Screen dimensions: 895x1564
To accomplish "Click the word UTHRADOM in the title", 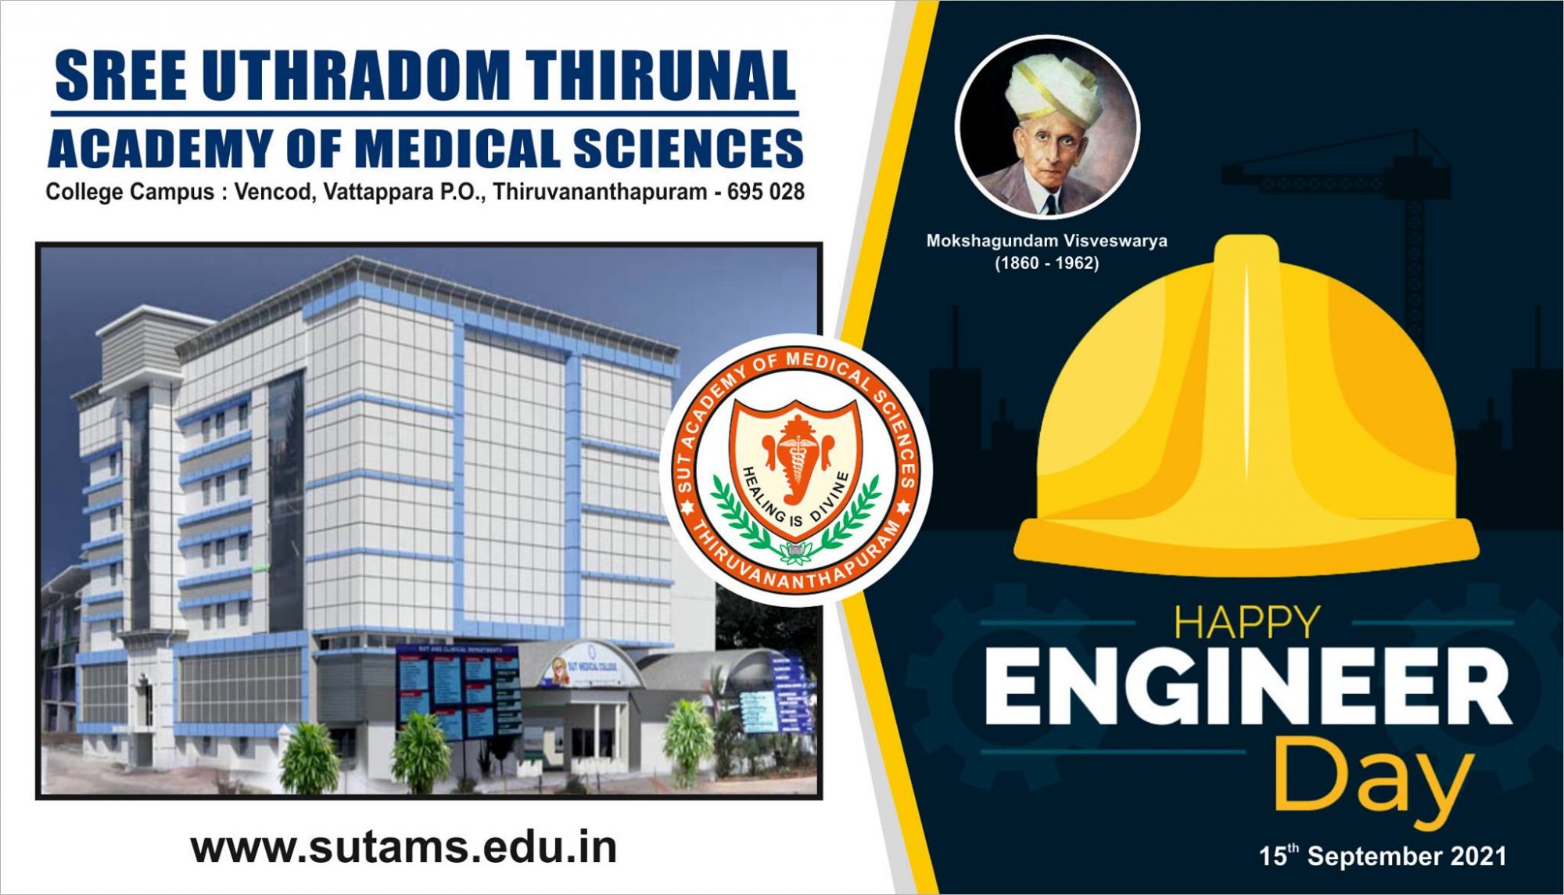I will (x=355, y=76).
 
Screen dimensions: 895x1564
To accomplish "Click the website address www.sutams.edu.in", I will (x=404, y=847).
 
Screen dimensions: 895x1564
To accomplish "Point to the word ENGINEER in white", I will (x=1247, y=688).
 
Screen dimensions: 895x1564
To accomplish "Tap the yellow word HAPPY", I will (x=1247, y=624).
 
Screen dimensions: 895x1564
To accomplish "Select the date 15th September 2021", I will (x=1383, y=856).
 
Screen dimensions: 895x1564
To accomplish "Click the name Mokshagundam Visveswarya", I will (x=1046, y=241).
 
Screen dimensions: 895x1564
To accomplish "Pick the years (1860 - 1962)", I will (x=1046, y=264).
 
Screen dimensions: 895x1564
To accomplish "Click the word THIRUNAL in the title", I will (x=661, y=76).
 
